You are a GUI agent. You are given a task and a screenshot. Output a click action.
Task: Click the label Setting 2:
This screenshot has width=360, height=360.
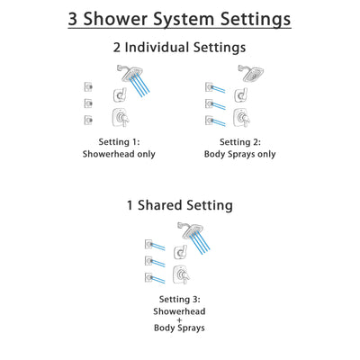(238, 142)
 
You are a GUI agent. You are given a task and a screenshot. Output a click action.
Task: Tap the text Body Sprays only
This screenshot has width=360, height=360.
(238, 154)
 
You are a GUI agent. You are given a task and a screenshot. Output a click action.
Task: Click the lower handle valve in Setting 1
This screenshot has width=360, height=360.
(119, 119)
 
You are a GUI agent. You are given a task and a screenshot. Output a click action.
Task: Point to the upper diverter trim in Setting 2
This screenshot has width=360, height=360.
(238, 94)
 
